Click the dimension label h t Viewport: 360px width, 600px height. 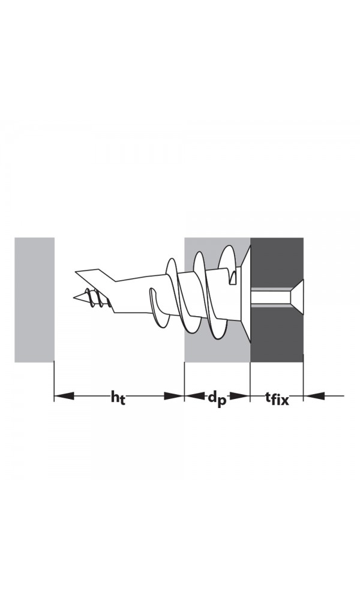118,397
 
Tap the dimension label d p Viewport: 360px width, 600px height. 217,398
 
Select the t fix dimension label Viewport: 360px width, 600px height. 277,398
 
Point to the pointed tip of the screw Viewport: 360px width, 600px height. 74,297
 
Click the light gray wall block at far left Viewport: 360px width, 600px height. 34,299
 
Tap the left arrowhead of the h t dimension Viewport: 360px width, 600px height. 64,396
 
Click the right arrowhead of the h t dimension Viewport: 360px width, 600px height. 174,396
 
